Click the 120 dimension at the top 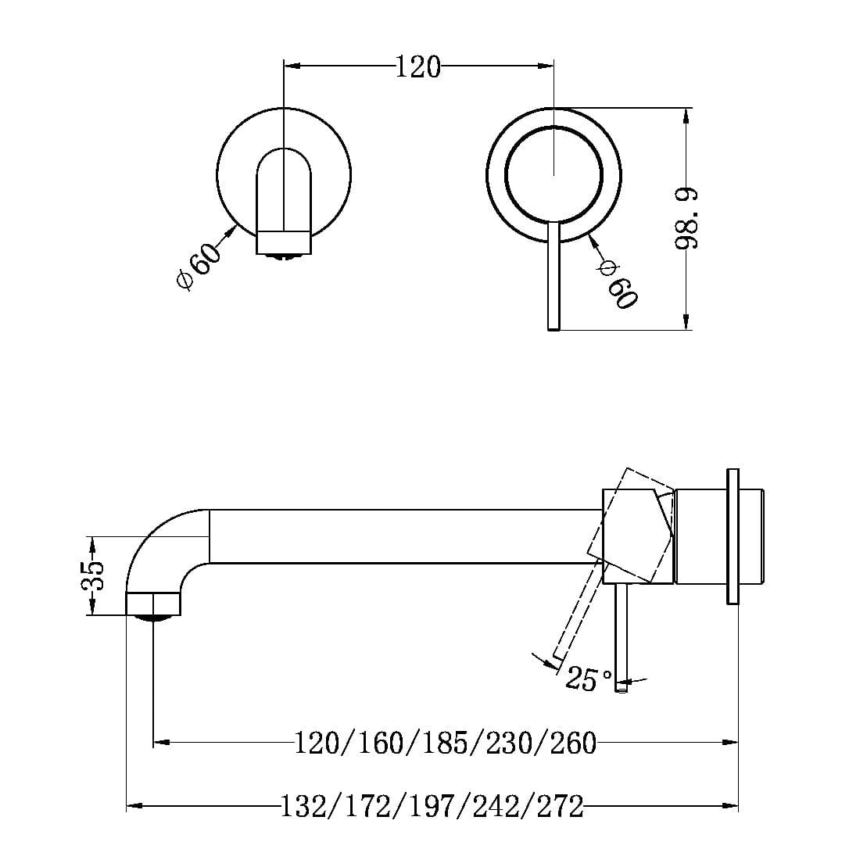click(417, 67)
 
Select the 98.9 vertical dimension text click(687, 219)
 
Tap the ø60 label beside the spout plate click(195, 267)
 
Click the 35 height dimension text click(93, 576)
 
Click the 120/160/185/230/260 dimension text click(445, 742)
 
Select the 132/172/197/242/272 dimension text click(432, 806)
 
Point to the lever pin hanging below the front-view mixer click(554, 281)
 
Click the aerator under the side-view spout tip click(154, 618)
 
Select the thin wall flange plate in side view click(733, 536)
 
